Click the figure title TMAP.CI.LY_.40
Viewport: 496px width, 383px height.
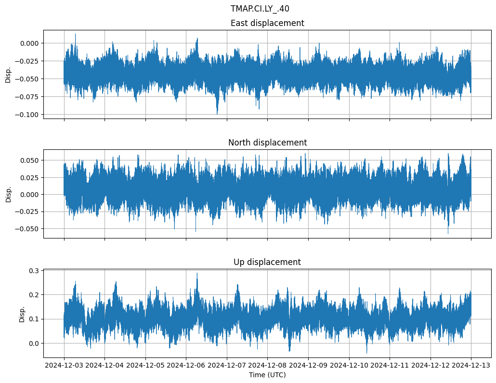[x=260, y=9]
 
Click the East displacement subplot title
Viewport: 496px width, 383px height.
[x=267, y=23]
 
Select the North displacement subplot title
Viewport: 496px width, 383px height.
[x=267, y=143]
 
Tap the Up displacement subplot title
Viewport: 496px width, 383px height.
[x=267, y=262]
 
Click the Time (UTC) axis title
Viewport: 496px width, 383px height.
[x=267, y=375]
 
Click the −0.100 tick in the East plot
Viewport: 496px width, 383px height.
[x=27, y=115]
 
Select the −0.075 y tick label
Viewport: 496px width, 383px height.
[x=27, y=97]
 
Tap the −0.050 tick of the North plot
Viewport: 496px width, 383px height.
[x=27, y=229]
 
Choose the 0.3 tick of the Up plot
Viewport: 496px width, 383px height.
[x=35, y=271]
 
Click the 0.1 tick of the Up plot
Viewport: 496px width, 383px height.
[x=35, y=319]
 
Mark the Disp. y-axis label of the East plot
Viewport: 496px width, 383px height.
[x=8, y=74]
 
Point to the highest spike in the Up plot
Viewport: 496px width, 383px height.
[x=196, y=274]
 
